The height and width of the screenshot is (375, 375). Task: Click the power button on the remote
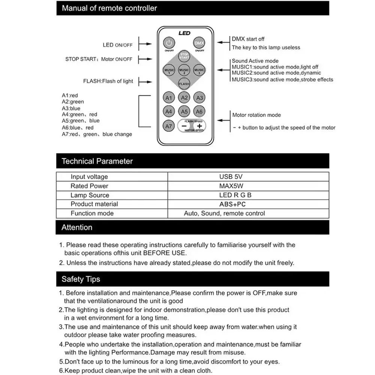169,43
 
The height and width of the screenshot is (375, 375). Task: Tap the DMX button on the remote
199,43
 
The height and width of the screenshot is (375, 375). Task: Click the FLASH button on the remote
184,84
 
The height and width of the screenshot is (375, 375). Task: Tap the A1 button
169,98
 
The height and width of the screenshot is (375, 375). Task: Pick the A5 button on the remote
184,111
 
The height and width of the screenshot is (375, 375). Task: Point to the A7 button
169,126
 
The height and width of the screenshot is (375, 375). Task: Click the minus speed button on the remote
184,126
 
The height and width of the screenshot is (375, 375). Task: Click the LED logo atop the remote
184,33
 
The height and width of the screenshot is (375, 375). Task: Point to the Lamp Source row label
90,195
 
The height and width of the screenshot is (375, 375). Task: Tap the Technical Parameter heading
97,161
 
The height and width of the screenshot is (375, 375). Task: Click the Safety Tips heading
81,279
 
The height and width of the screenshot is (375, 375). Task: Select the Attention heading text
77,227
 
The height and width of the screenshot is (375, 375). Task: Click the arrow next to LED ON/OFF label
145,45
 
